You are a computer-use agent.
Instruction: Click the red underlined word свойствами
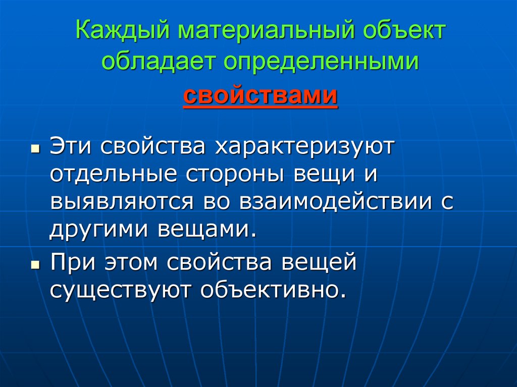coord(260,94)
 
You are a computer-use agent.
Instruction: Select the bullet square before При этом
coord(34,264)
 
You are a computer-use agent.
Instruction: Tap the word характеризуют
coord(306,146)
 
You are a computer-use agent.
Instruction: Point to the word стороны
coord(239,174)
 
